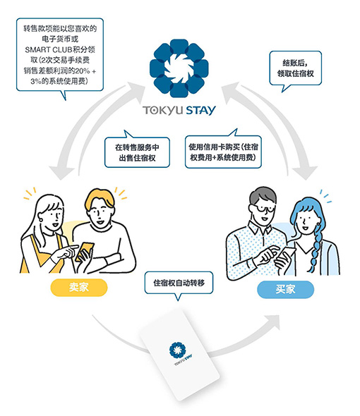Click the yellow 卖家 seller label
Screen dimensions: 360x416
pyautogui.click(x=79, y=288)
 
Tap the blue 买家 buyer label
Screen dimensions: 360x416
pyautogui.click(x=285, y=289)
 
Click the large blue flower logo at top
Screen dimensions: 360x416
pyautogui.click(x=179, y=68)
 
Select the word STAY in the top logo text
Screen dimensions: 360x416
pyautogui.click(x=200, y=111)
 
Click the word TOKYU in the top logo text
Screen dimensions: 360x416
pyautogui.click(x=163, y=111)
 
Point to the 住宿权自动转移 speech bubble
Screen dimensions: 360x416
pyautogui.click(x=179, y=284)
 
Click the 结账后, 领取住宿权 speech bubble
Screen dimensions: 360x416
pyautogui.click(x=296, y=68)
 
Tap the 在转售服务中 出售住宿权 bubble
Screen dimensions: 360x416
pyautogui.click(x=137, y=151)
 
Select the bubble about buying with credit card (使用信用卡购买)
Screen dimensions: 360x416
pyautogui.click(x=223, y=150)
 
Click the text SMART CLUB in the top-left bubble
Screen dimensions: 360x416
pyautogui.click(x=49, y=49)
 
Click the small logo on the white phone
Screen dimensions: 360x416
pyautogui.click(x=179, y=352)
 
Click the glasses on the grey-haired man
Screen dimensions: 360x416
pyautogui.click(x=262, y=209)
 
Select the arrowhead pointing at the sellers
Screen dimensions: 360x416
pyautogui.click(x=61, y=173)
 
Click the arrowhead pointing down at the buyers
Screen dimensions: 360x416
pyautogui.click(x=305, y=172)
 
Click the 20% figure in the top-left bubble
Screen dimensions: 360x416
pyautogui.click(x=82, y=71)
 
